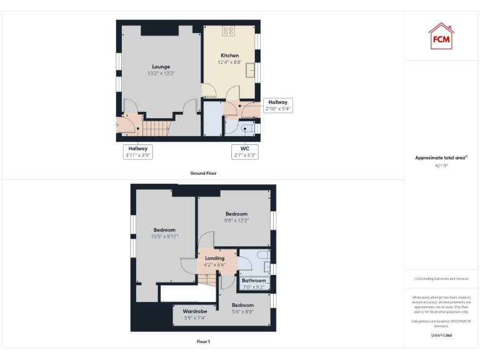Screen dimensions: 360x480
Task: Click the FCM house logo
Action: pos(441,36)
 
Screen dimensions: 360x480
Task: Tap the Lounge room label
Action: pos(161,66)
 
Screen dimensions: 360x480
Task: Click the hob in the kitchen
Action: pos(228,31)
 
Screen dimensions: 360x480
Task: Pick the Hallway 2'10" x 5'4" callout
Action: pos(277,105)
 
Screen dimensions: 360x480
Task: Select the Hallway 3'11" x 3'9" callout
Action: pos(138,152)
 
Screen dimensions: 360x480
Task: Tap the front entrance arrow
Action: pos(117,125)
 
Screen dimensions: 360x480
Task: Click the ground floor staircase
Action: pos(156,129)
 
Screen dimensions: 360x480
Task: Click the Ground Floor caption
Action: pos(203,173)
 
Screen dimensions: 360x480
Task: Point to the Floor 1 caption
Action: pos(203,342)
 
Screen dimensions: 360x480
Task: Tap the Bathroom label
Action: pos(254,281)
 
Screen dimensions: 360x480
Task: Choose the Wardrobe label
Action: pos(194,311)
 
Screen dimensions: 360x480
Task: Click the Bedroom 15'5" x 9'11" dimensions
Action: pos(164,236)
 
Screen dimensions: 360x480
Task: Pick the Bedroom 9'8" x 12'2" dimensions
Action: pos(236,220)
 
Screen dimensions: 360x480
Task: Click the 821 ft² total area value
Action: pos(441,166)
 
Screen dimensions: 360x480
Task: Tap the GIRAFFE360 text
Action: pos(441,336)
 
